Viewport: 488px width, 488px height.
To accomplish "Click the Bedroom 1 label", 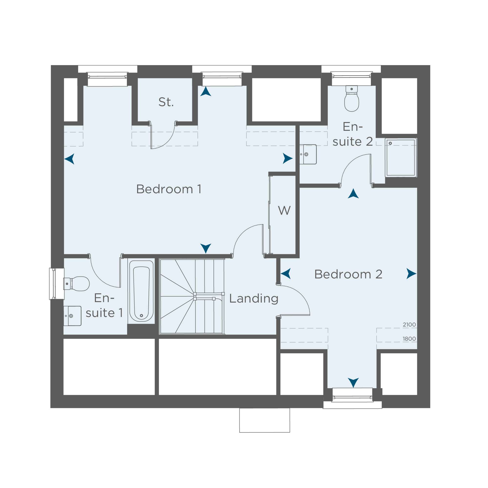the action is point(169,189).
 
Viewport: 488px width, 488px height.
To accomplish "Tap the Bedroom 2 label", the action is point(348,274).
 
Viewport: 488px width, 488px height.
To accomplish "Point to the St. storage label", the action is point(166,102).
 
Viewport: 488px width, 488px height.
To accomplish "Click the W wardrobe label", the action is point(284,210).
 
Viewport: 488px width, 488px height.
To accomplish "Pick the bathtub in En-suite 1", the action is point(141,291).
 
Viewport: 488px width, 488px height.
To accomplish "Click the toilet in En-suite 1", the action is point(76,284).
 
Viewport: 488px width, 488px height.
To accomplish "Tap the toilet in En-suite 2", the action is point(352,98).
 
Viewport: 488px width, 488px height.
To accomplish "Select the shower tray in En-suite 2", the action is point(401,157).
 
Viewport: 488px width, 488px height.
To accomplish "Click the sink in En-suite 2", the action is point(308,154).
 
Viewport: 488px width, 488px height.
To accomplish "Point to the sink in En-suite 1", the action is point(72,316).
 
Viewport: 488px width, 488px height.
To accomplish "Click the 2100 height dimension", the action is point(409,325).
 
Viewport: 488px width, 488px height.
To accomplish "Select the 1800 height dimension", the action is point(409,339).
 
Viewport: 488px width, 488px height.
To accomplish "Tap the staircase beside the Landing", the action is point(192,296).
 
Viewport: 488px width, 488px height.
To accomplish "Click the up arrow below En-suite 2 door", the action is point(353,193).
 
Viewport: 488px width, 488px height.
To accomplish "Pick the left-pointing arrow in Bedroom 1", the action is point(70,159).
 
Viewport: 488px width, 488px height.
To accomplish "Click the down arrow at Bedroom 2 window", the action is point(353,383).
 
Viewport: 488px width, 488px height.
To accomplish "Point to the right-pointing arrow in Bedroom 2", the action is point(411,274).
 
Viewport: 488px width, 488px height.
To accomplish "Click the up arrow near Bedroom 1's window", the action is point(206,91).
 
